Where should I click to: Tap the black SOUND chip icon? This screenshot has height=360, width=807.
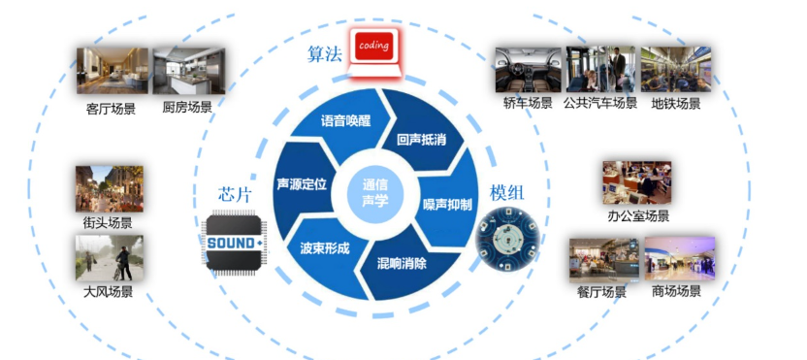tap(232, 240)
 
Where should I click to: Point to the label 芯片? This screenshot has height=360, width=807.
tap(236, 193)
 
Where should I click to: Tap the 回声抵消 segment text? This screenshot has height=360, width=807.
tap(421, 140)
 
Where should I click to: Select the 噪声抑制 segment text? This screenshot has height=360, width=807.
tap(447, 205)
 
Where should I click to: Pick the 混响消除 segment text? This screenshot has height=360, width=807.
tap(402, 263)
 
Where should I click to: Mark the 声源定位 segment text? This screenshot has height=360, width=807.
tap(302, 182)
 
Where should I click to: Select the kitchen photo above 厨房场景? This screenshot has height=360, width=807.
tap(188, 72)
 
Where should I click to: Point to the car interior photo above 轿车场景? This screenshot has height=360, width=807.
tap(528, 69)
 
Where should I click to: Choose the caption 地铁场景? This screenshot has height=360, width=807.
tap(676, 103)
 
